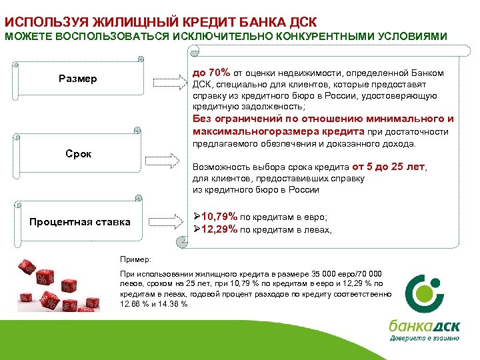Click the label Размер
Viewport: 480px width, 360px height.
click(x=77, y=79)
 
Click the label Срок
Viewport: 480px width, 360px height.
click(x=79, y=154)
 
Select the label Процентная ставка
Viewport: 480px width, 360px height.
click(x=80, y=221)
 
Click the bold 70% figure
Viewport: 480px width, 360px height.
click(x=219, y=73)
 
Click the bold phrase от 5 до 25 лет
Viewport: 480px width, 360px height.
click(x=388, y=167)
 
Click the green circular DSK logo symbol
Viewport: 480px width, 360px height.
click(x=427, y=293)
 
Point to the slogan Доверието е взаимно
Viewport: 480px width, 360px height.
click(x=424, y=338)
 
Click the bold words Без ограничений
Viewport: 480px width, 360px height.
click(x=233, y=119)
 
